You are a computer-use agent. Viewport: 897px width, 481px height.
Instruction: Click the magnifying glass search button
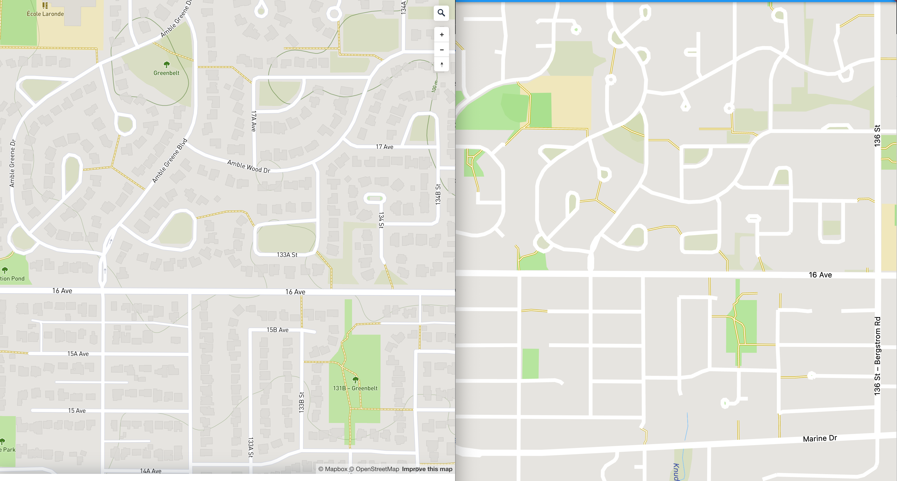click(x=441, y=13)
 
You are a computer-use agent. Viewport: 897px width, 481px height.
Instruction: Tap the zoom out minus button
click(x=442, y=50)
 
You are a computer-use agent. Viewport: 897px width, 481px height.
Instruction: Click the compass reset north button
click(x=442, y=64)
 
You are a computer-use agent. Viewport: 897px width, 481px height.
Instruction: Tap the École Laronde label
click(x=45, y=14)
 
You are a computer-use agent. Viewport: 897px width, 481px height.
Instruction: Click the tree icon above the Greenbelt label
click(x=166, y=64)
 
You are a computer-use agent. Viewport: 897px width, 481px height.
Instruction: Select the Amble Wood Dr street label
click(x=249, y=166)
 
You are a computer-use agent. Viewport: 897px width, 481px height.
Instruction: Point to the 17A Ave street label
click(x=254, y=121)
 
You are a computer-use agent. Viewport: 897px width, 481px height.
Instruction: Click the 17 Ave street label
click(x=384, y=147)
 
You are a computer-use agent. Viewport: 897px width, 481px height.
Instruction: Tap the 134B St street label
click(x=438, y=194)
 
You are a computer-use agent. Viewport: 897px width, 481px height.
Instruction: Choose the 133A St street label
click(x=287, y=255)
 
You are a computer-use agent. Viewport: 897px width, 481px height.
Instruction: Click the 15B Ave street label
click(x=277, y=330)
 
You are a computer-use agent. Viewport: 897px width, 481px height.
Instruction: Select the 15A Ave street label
click(x=78, y=353)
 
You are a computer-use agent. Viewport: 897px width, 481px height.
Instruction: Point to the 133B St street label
click(x=302, y=402)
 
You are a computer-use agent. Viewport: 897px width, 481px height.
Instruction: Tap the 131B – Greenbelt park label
click(x=355, y=388)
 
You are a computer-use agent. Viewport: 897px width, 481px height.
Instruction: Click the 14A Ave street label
click(x=150, y=471)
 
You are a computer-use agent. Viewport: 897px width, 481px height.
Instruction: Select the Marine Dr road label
click(x=820, y=438)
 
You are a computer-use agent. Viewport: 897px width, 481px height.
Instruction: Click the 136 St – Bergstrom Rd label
click(x=877, y=356)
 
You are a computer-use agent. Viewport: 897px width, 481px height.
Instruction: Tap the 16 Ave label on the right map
click(x=820, y=275)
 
